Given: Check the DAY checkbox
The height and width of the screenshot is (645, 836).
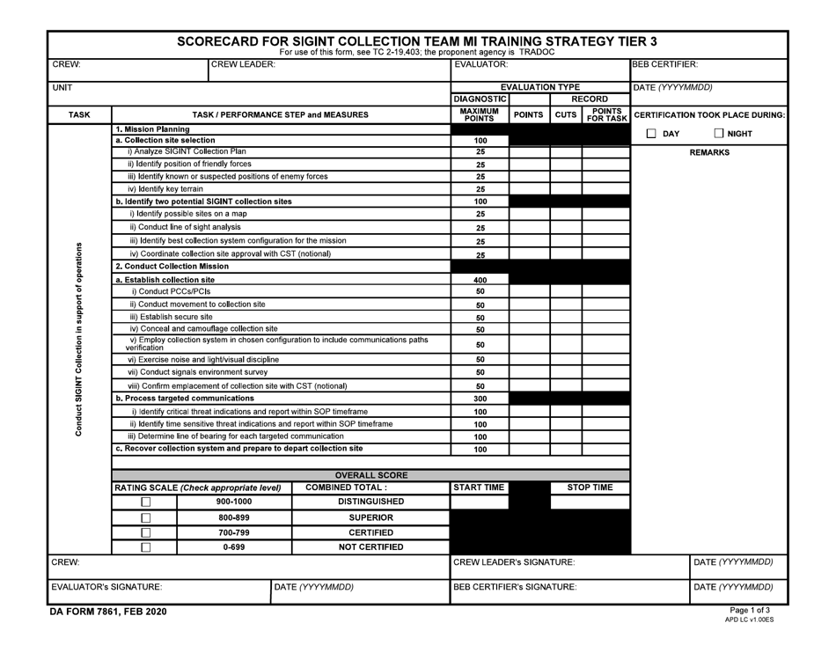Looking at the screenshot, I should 651,133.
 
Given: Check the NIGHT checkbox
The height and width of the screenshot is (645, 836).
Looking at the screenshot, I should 720,133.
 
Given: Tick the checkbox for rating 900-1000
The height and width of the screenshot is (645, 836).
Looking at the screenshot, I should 146,502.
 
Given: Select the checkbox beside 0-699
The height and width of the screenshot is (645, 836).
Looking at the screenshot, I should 146,547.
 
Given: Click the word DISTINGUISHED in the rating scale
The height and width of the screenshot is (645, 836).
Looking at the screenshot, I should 370,502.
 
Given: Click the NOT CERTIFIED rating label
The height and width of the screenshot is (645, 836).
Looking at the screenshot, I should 370,547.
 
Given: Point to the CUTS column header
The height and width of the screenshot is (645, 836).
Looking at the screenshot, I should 566,114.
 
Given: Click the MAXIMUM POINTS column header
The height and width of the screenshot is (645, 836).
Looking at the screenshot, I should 480,114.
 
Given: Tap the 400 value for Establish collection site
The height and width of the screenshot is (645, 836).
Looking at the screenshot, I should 480,279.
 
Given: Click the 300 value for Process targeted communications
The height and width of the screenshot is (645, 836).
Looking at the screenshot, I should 480,399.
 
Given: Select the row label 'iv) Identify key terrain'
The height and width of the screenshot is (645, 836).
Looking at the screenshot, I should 165,188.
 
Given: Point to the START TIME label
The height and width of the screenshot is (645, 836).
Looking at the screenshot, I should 480,487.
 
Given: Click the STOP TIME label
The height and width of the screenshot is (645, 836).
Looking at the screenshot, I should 590,487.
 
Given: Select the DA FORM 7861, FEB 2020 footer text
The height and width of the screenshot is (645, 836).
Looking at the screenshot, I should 106,612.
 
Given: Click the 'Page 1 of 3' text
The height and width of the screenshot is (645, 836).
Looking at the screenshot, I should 751,610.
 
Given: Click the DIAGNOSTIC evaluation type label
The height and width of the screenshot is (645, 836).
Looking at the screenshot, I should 480,99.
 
